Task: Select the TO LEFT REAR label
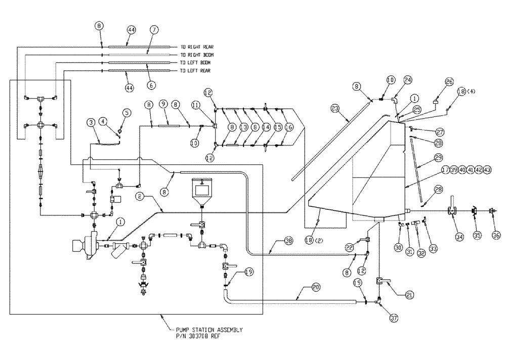pos(195,71)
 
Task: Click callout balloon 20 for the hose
pos(316,287)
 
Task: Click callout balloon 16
pos(288,127)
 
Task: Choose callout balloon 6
pos(151,86)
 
